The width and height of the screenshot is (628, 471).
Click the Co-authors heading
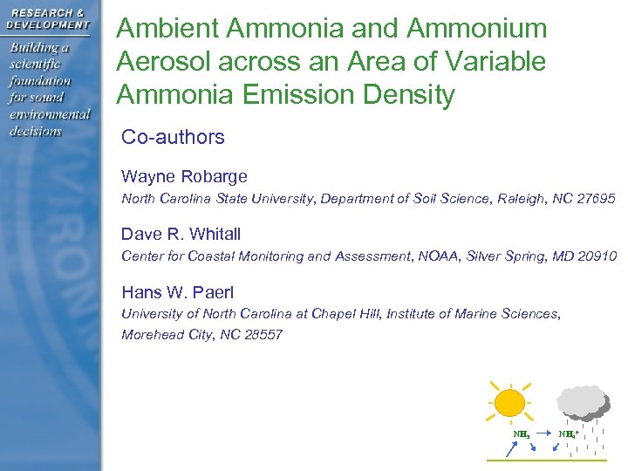[x=173, y=137]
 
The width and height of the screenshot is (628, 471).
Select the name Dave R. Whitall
[x=181, y=234]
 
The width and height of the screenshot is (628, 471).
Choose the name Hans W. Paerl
[x=177, y=292]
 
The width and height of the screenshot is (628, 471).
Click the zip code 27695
[x=595, y=199]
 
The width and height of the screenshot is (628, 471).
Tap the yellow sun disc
[x=509, y=402]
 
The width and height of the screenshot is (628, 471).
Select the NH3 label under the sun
[x=521, y=433]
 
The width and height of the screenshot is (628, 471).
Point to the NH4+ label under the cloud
[x=570, y=433]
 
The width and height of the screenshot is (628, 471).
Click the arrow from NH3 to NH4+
[x=543, y=433]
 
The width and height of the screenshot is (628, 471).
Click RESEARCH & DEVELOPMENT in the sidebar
[x=49, y=18]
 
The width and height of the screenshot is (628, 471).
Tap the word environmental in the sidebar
[x=50, y=114]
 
